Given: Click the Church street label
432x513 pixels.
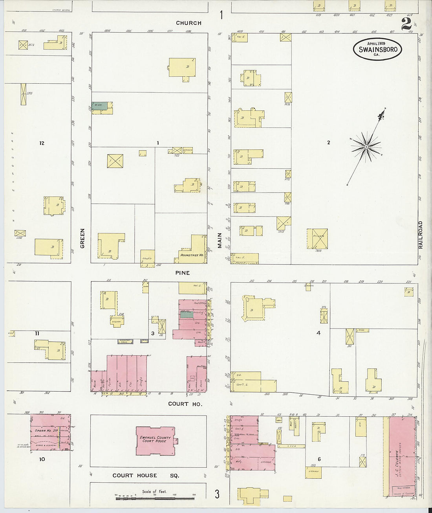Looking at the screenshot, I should pyautogui.click(x=189, y=23).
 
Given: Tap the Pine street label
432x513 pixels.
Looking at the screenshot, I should pyautogui.click(x=183, y=273).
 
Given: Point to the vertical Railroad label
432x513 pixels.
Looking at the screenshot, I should pyautogui.click(x=420, y=235).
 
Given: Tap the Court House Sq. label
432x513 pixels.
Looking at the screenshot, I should pyautogui.click(x=146, y=476).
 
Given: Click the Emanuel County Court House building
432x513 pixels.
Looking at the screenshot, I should pyautogui.click(x=156, y=441).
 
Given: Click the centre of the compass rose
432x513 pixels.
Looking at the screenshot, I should pyautogui.click(x=366, y=147).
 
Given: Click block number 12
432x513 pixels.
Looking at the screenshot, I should pyautogui.click(x=42, y=143).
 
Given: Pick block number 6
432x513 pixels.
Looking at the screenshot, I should pyautogui.click(x=319, y=459).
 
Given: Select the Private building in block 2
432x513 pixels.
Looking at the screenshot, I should pyautogui.click(x=317, y=239).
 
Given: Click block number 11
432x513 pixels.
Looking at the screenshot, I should pyautogui.click(x=37, y=333).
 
